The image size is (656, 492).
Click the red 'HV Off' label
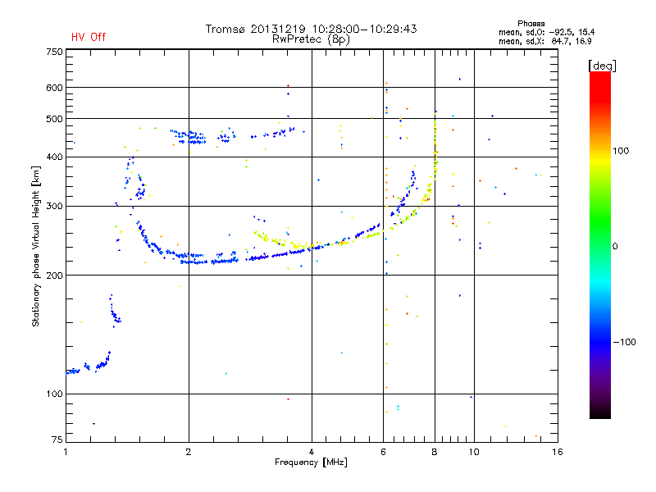[x=88, y=37]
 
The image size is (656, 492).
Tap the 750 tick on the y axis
[x=54, y=51]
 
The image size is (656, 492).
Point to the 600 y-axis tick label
[x=54, y=88]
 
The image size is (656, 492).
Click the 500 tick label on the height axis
[x=54, y=119]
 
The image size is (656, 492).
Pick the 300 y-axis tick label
[x=54, y=206]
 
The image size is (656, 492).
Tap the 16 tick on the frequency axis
[x=557, y=452]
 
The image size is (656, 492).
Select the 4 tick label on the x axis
[x=312, y=452]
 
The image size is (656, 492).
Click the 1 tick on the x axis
[x=66, y=452]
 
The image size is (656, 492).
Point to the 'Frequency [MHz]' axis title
[x=312, y=462]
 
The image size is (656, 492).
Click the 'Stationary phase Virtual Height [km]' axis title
[x=36, y=247]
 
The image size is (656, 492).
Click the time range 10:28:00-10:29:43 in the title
[x=358, y=29]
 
